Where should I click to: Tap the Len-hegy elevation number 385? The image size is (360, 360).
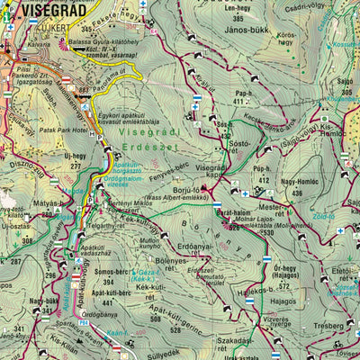[x=238, y=19]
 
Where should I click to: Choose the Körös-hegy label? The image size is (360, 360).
[x=287, y=40]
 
